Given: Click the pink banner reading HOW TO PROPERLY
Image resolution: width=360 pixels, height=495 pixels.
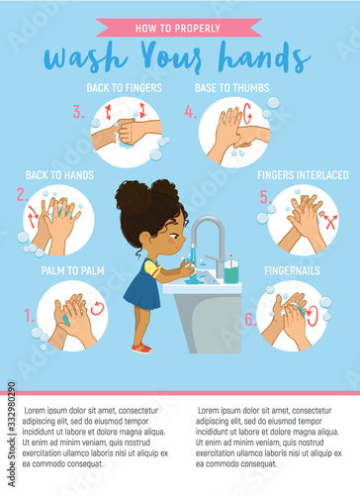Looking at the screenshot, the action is click(178, 28).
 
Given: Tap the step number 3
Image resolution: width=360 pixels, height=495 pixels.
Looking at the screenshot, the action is click(78, 112).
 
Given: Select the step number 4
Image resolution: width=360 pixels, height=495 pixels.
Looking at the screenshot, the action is click(191, 112).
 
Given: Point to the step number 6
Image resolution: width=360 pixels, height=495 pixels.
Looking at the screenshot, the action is click(250, 319).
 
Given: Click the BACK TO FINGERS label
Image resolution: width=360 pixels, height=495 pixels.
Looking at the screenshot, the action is click(125, 88).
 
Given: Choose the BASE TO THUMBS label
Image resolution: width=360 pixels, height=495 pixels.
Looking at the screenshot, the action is click(232, 88).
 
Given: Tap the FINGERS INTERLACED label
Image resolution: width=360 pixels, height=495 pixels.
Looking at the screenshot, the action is click(303, 175).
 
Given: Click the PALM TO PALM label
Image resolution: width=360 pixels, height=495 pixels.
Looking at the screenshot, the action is click(73, 271).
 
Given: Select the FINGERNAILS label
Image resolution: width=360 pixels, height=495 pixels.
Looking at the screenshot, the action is click(292, 271).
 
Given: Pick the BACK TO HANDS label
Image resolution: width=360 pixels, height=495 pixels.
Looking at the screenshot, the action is click(59, 175).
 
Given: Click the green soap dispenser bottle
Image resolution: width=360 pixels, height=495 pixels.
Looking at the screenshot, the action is click(231, 270).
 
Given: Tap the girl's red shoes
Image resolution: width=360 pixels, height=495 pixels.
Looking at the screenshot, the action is click(141, 348).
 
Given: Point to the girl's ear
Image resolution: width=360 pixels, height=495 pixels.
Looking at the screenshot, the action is click(145, 239).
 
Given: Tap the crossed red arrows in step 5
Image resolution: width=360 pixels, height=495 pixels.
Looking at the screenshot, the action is click(330, 222).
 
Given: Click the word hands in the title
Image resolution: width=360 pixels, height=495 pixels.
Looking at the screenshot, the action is click(264, 57).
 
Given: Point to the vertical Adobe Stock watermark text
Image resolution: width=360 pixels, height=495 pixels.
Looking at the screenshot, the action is click(12, 435).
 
